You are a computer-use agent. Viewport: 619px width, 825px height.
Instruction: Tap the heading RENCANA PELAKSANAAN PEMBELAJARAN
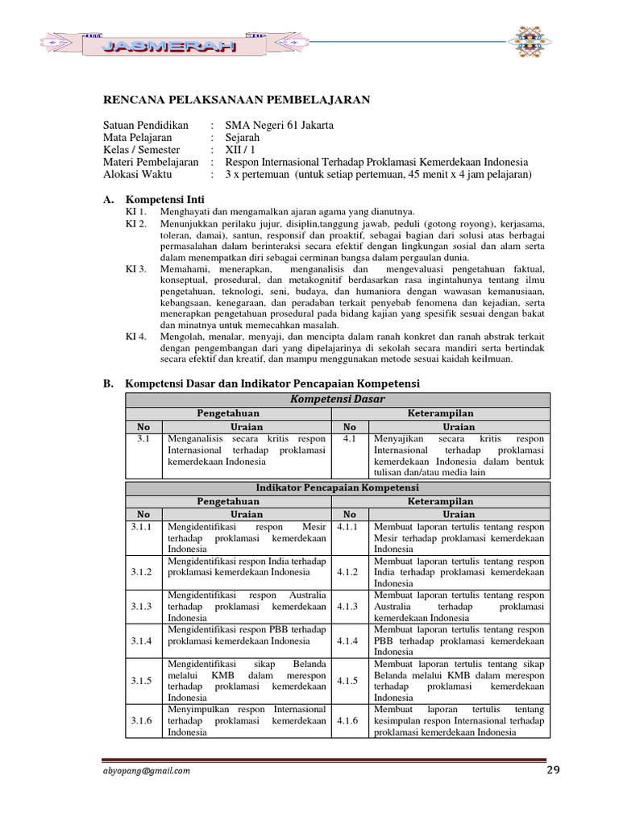(236, 99)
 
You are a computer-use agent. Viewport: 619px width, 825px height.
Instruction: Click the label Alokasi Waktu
(139, 174)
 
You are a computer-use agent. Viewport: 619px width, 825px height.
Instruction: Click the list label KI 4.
(136, 337)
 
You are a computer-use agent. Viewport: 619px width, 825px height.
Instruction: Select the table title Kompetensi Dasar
(337, 400)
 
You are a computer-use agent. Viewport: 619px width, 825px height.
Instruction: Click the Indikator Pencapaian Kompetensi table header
(337, 488)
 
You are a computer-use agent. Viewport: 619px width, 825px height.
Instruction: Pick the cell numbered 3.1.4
(143, 641)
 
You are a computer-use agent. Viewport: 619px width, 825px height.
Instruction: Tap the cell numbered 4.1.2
(349, 572)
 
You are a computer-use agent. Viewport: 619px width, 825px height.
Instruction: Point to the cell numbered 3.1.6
(143, 720)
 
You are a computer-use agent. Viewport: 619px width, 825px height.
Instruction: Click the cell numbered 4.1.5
(349, 681)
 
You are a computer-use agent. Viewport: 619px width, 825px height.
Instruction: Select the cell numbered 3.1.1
(143, 526)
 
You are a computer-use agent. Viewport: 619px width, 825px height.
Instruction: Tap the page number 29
(552, 769)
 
